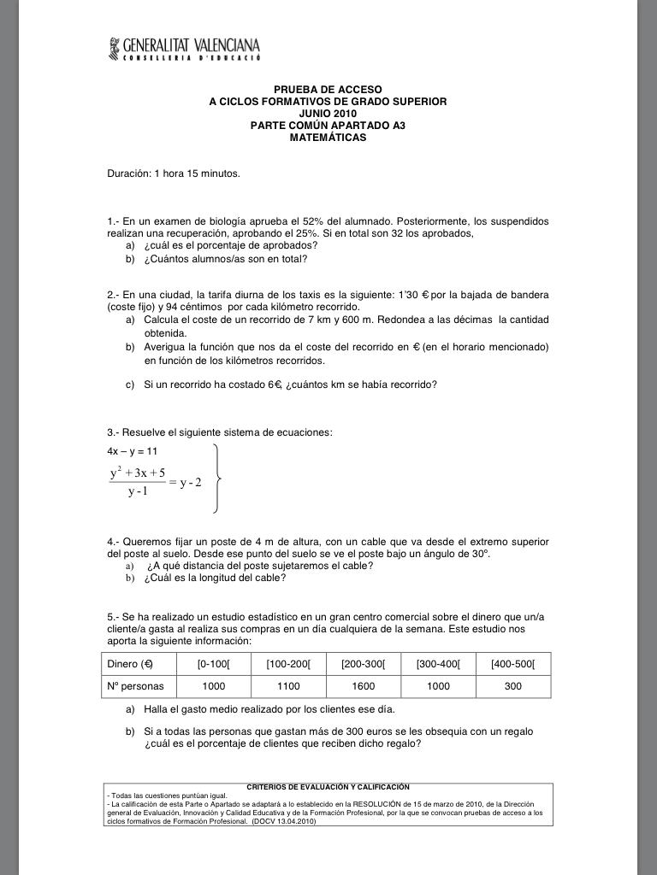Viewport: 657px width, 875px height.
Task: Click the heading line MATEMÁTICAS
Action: coord(328,137)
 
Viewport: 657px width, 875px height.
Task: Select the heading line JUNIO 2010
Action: coord(328,113)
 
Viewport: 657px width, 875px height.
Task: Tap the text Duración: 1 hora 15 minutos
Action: coord(173,174)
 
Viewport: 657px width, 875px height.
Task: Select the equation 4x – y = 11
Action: coord(132,450)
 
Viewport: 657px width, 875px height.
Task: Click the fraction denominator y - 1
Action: coord(138,492)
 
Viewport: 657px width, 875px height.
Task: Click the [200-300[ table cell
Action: coord(364,664)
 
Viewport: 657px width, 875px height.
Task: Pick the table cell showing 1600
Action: coord(364,686)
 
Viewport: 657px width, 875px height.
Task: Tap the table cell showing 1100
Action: coord(289,686)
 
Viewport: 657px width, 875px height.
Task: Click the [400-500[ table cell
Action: coord(513,664)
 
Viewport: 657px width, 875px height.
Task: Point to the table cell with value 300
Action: coord(513,686)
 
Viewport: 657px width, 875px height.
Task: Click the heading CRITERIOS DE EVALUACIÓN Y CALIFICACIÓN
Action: coord(328,786)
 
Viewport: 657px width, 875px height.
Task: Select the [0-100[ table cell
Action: coord(214,664)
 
